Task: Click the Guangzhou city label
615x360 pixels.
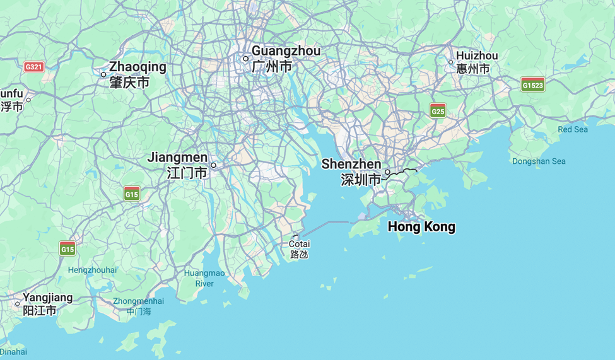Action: (x=286, y=51)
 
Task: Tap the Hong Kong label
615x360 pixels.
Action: (x=421, y=227)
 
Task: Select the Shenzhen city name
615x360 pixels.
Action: (x=351, y=165)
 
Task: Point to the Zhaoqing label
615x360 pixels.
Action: (x=138, y=67)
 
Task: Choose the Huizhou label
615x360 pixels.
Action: (x=477, y=56)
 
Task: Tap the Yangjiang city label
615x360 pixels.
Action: (x=48, y=298)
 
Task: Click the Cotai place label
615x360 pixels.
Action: (x=300, y=244)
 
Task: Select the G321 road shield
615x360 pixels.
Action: (x=33, y=66)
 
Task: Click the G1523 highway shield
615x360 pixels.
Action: (x=533, y=84)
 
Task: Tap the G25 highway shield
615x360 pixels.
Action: (x=438, y=112)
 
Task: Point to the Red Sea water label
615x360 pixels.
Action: (x=573, y=129)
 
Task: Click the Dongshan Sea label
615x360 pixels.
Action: (x=539, y=161)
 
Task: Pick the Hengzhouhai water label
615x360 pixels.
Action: (x=92, y=270)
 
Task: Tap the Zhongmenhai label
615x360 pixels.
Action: (x=138, y=301)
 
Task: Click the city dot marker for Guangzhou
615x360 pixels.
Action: (x=246, y=59)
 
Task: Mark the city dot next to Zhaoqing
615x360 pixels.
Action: (x=103, y=74)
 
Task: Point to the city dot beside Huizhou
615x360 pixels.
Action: (x=450, y=62)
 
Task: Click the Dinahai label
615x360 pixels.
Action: (x=13, y=352)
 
